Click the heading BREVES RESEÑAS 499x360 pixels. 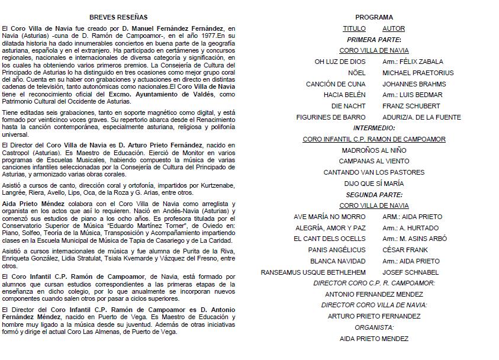(x=118, y=17)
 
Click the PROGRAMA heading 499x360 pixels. (x=374, y=17)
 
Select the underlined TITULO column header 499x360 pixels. (x=354, y=28)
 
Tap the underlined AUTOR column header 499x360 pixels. (x=394, y=28)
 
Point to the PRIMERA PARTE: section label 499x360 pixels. (x=374, y=40)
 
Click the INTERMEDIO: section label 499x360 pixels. (x=374, y=128)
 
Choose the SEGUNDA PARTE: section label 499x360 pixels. (x=374, y=195)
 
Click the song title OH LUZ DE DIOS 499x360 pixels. (x=340, y=62)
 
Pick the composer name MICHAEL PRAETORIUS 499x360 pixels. (x=418, y=73)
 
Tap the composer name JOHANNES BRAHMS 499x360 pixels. (x=414, y=84)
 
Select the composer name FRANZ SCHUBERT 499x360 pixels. (x=411, y=106)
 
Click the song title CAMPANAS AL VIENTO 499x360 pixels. (x=374, y=161)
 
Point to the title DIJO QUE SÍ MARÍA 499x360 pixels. (x=374, y=184)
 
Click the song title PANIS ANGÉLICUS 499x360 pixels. (x=337, y=250)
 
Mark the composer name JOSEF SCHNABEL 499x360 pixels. (x=410, y=272)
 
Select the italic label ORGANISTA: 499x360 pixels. (x=374, y=327)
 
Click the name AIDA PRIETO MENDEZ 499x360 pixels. (x=374, y=339)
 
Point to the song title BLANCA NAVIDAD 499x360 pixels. (x=338, y=261)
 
